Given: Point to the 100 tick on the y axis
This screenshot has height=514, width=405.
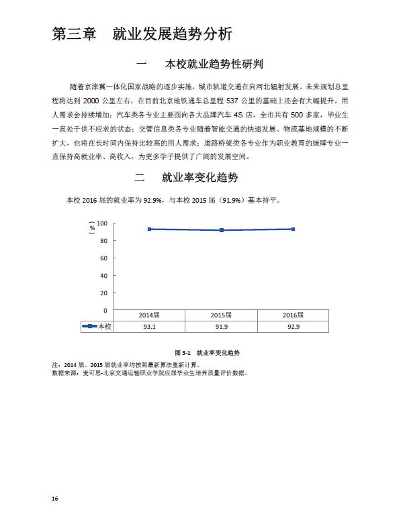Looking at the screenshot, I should pyautogui.click(x=102, y=223).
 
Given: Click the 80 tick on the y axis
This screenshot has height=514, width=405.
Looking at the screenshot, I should pyautogui.click(x=103, y=240).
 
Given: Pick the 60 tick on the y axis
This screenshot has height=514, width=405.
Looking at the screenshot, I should pyautogui.click(x=103, y=258).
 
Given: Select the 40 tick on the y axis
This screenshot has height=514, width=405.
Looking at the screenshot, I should pyautogui.click(x=103, y=276).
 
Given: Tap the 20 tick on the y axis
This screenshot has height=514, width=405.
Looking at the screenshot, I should pyautogui.click(x=103, y=293).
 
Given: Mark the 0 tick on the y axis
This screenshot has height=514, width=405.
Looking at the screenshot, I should pyautogui.click(x=105, y=311).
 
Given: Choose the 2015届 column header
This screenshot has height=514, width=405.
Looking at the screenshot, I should pyautogui.click(x=222, y=315).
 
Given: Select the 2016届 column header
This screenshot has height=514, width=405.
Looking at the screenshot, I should pyautogui.click(x=294, y=315).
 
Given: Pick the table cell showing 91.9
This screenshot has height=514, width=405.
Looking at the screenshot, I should pyautogui.click(x=222, y=326).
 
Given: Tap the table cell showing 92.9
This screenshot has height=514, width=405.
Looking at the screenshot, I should pyautogui.click(x=294, y=326).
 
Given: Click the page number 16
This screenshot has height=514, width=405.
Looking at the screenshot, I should pyautogui.click(x=55, y=499).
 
